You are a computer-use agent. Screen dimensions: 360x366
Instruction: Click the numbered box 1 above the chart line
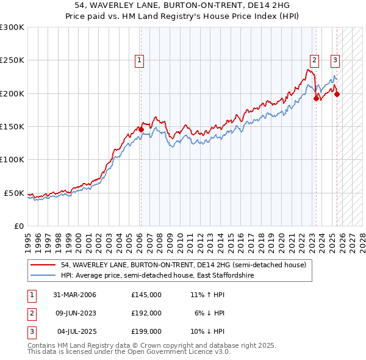pyautogui.click(x=140, y=60)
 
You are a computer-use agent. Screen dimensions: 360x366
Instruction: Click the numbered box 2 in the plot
pyautogui.click(x=314, y=60)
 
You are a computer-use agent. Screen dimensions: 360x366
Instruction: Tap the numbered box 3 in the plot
pyautogui.click(x=335, y=60)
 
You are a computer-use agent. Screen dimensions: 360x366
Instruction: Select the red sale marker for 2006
pyautogui.click(x=141, y=129)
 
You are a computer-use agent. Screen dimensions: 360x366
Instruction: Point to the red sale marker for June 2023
pyautogui.click(x=316, y=98)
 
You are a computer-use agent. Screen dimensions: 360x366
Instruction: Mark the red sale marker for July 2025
pyautogui.click(x=337, y=94)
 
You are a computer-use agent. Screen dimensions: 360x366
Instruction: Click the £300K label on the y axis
pyautogui.click(x=12, y=27)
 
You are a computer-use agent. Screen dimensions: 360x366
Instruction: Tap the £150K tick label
pyautogui.click(x=12, y=126)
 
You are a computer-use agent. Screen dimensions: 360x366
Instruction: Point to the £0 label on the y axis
pyautogui.click(x=18, y=226)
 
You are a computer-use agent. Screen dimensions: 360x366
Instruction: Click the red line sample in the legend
pyautogui.click(x=43, y=265)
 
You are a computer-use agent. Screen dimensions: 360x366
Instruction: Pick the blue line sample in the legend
pyautogui.click(x=43, y=276)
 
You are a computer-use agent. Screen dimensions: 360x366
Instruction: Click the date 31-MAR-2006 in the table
pyautogui.click(x=74, y=295)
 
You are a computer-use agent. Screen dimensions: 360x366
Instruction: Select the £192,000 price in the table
pyautogui.click(x=146, y=313)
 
